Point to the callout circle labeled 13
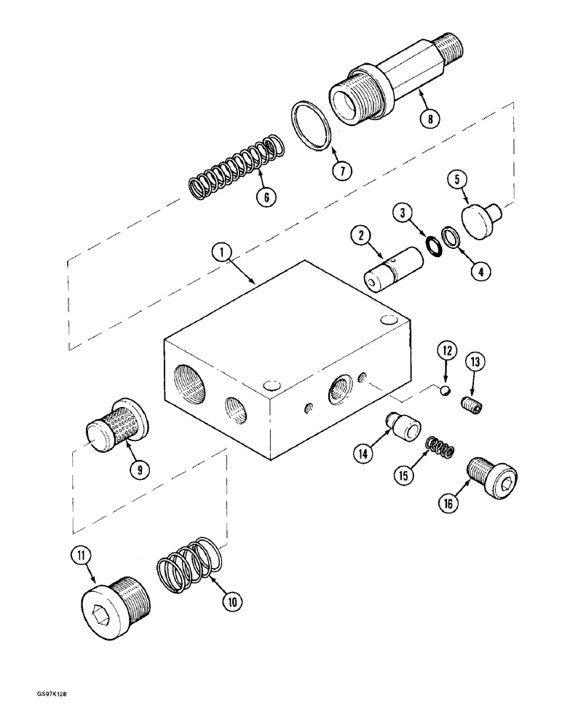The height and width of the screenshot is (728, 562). click(x=475, y=362)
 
